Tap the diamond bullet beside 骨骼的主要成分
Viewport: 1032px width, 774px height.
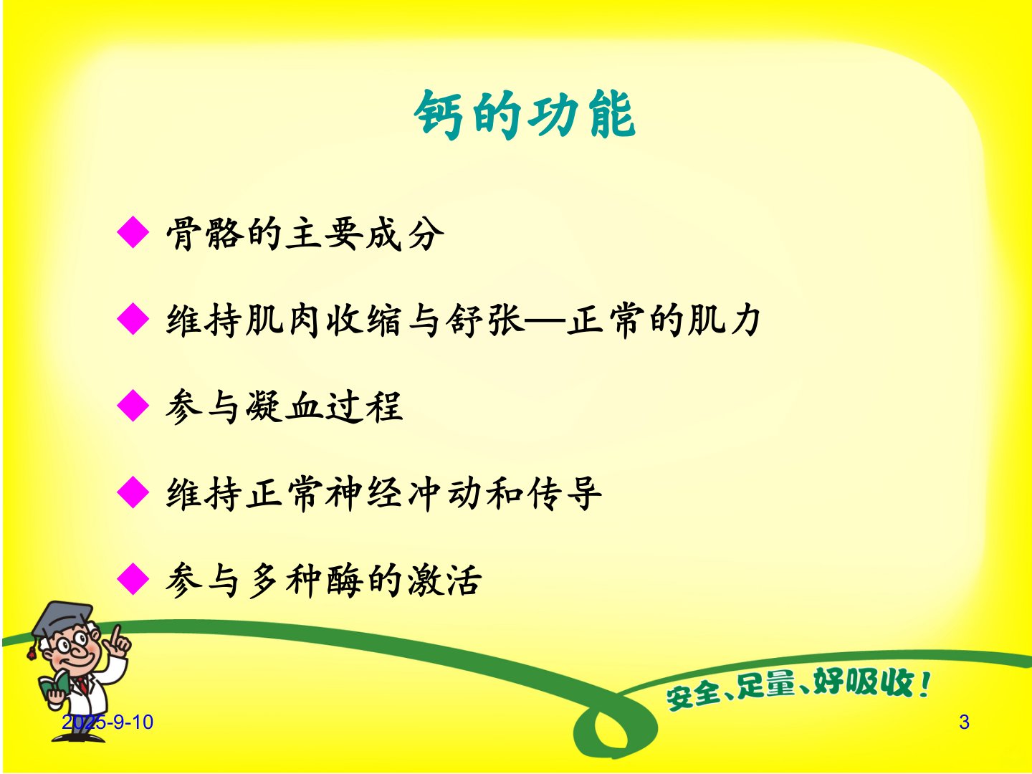133,232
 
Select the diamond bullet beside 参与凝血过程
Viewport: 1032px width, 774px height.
133,405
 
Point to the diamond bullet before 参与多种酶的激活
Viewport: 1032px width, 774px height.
133,579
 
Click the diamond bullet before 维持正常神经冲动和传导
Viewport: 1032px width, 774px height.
133,492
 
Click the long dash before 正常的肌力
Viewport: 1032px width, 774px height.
545,321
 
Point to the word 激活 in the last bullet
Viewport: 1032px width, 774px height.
445,580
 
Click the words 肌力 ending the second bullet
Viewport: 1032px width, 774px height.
724,320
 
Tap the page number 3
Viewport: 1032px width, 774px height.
964,722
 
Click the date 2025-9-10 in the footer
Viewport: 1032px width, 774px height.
107,722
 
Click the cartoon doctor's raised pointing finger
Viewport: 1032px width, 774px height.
115,634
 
